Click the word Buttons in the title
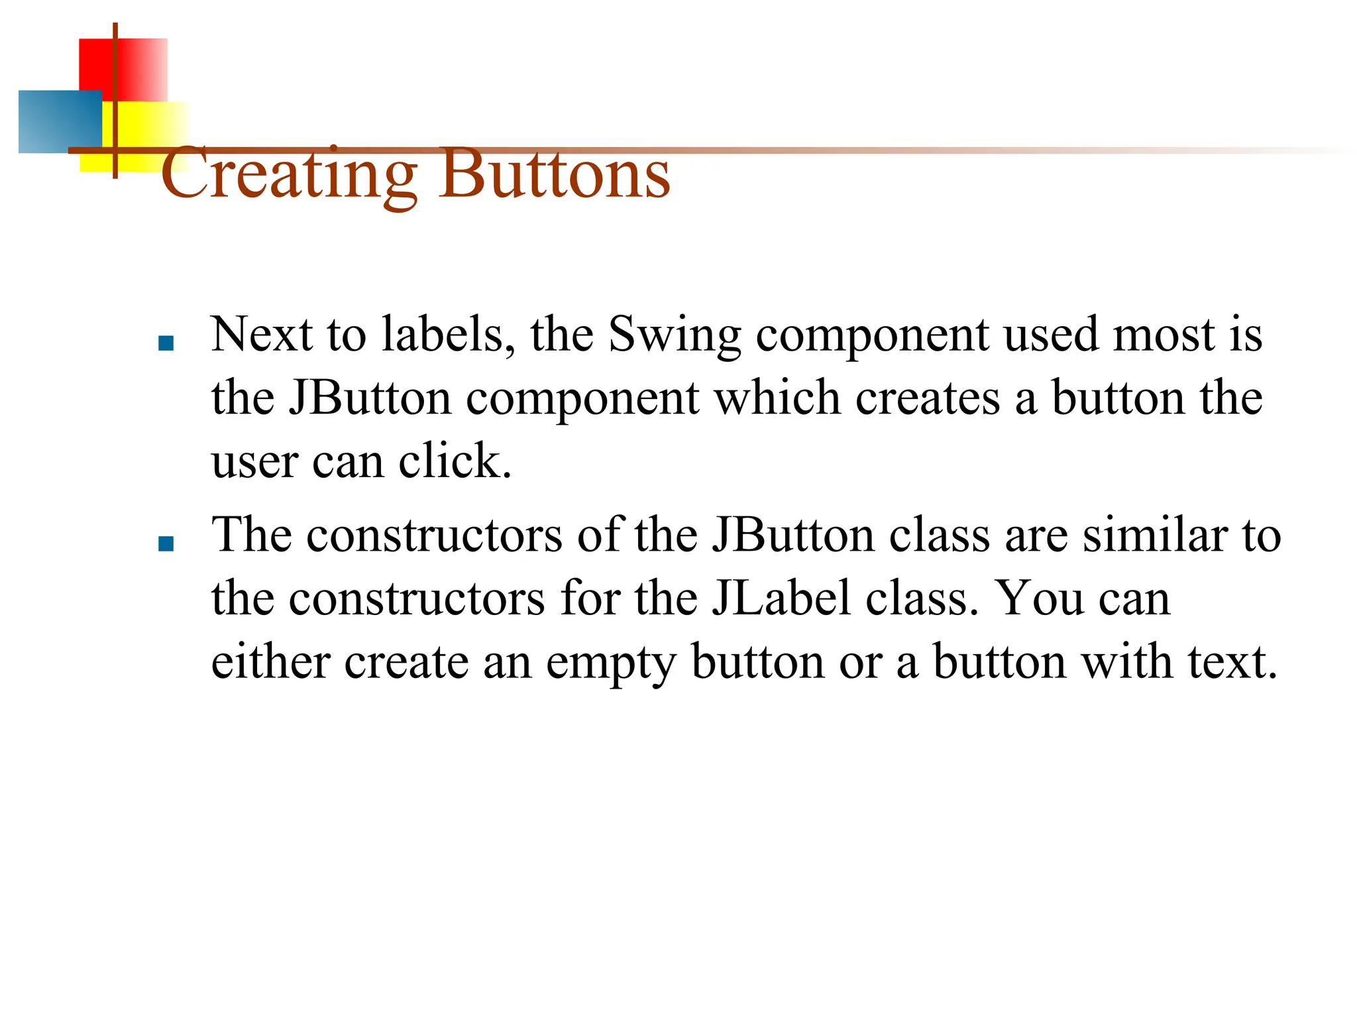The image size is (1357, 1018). [554, 174]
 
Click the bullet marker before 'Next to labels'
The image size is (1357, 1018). [166, 343]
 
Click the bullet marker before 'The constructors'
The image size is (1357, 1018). [166, 544]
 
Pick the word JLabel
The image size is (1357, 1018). [781, 598]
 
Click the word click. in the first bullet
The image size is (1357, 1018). [455, 461]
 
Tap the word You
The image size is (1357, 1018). [1040, 598]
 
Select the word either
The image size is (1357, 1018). [270, 661]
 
